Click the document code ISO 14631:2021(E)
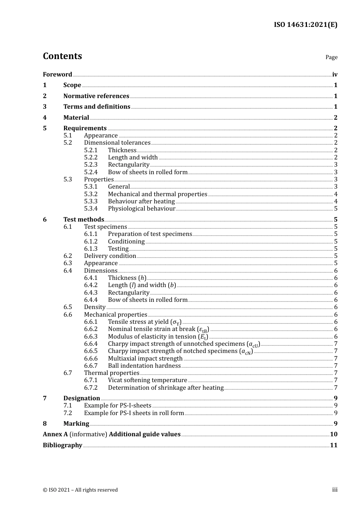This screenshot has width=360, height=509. pos(305,25)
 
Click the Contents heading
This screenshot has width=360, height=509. pos(62,56)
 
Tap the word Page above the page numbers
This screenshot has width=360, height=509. pos(331,57)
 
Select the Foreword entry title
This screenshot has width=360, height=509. pos(57,75)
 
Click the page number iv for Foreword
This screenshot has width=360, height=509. pos(335,75)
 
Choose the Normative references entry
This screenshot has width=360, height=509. pos(96,96)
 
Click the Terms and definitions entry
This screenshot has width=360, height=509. pos(97,107)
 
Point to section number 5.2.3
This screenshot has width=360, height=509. pos(91,165)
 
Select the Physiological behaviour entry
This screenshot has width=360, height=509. pos(141,209)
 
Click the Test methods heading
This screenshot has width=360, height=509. pos(83,220)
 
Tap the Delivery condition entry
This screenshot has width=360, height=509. pos(110,256)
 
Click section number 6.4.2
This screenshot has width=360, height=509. pos(91,285)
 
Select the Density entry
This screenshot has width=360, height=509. pos(95,307)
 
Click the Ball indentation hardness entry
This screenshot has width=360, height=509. pos(144,366)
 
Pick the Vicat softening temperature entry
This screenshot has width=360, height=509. pos(147,380)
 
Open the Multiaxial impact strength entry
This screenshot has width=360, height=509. pos(145,359)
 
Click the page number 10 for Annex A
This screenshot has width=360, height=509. pos(333,434)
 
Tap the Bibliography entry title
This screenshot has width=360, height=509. pos(63,445)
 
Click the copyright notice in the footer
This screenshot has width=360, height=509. pos(80,490)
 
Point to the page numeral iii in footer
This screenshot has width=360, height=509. pos(335,490)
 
